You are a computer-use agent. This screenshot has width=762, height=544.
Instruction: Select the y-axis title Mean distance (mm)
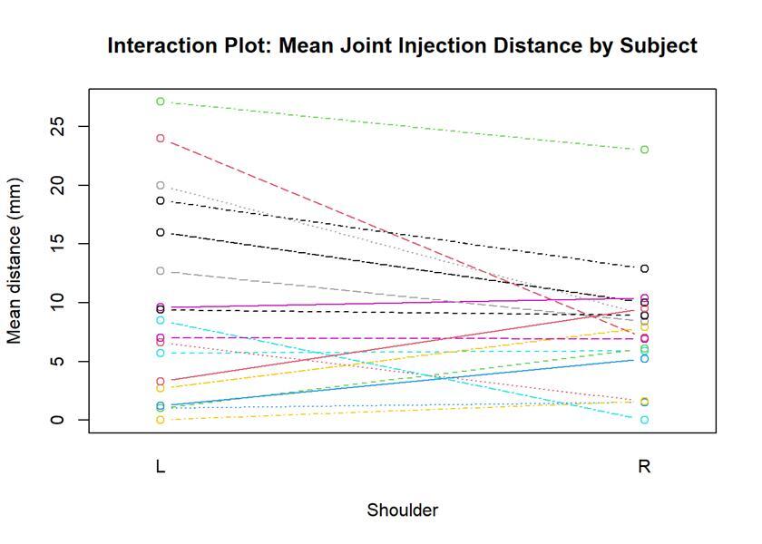15,261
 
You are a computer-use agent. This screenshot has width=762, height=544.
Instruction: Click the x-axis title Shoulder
403,510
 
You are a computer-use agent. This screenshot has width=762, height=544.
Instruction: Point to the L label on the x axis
161,467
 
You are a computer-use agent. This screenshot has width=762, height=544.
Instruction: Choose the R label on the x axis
644,467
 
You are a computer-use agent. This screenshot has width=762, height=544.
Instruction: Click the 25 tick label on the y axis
57,127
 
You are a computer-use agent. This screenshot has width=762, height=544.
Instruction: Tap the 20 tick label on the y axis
57,186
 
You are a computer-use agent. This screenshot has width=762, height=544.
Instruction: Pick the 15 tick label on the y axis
57,244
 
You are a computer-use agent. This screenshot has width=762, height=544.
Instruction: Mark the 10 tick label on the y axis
57,303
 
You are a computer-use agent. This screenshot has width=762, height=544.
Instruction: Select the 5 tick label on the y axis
57,362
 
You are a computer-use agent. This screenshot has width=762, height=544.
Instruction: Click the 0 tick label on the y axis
57,420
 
